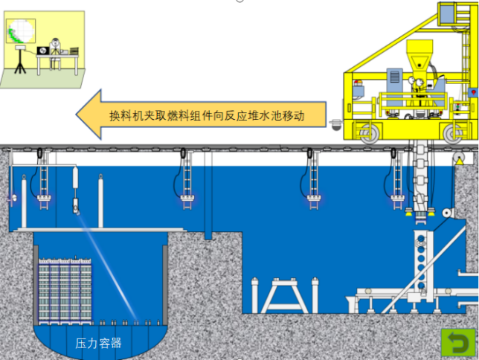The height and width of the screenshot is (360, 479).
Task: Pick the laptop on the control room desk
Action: [42, 50]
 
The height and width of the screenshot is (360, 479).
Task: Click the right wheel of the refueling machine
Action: [453, 133]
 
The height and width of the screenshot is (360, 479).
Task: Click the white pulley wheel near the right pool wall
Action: [447, 213]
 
